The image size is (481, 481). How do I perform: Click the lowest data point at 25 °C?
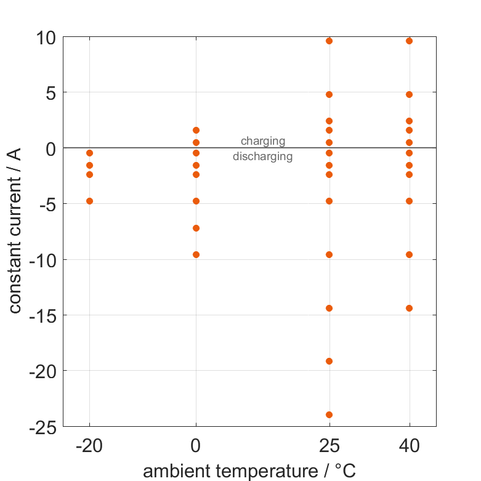[329, 414]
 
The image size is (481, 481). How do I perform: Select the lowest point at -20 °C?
[89, 201]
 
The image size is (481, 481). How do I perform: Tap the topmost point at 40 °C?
[409, 41]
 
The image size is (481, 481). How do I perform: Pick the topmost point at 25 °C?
[329, 41]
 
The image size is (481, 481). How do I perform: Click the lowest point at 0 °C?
[196, 254]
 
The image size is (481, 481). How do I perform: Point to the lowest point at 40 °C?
[409, 308]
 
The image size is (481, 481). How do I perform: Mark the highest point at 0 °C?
[196, 130]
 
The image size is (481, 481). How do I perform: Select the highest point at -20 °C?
[89, 153]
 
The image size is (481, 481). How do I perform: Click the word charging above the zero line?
[263, 141]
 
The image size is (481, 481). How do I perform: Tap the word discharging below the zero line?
[262, 156]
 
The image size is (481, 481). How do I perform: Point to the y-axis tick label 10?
[44, 38]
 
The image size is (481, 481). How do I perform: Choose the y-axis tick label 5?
[49, 93]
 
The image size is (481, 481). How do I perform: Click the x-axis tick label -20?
[89, 445]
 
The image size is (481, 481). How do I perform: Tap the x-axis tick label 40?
[409, 445]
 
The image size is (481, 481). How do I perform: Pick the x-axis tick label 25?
[329, 445]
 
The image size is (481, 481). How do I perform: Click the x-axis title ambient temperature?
[249, 471]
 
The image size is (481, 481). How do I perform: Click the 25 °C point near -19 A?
[329, 361]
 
